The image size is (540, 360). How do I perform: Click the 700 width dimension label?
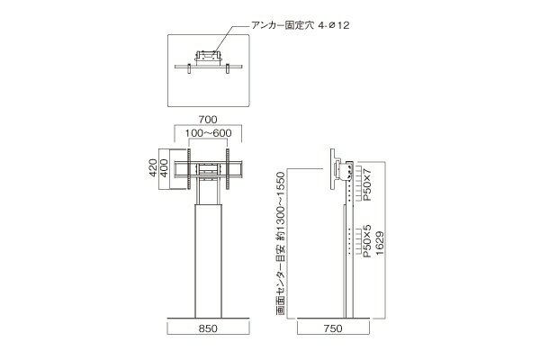coord(208,120)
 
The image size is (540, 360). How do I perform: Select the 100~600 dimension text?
coord(208,133)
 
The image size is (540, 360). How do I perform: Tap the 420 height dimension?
coord(153,167)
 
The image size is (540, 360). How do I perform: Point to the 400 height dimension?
coord(165,167)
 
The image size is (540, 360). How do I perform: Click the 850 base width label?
coord(208,328)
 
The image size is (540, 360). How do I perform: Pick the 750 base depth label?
coord(333,328)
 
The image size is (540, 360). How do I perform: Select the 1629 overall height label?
coord(380,243)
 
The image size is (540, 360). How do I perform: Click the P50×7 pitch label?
coord(368,184)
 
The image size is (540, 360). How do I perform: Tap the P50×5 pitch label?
coord(368,241)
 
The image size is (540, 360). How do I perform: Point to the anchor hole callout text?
coord(301,25)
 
